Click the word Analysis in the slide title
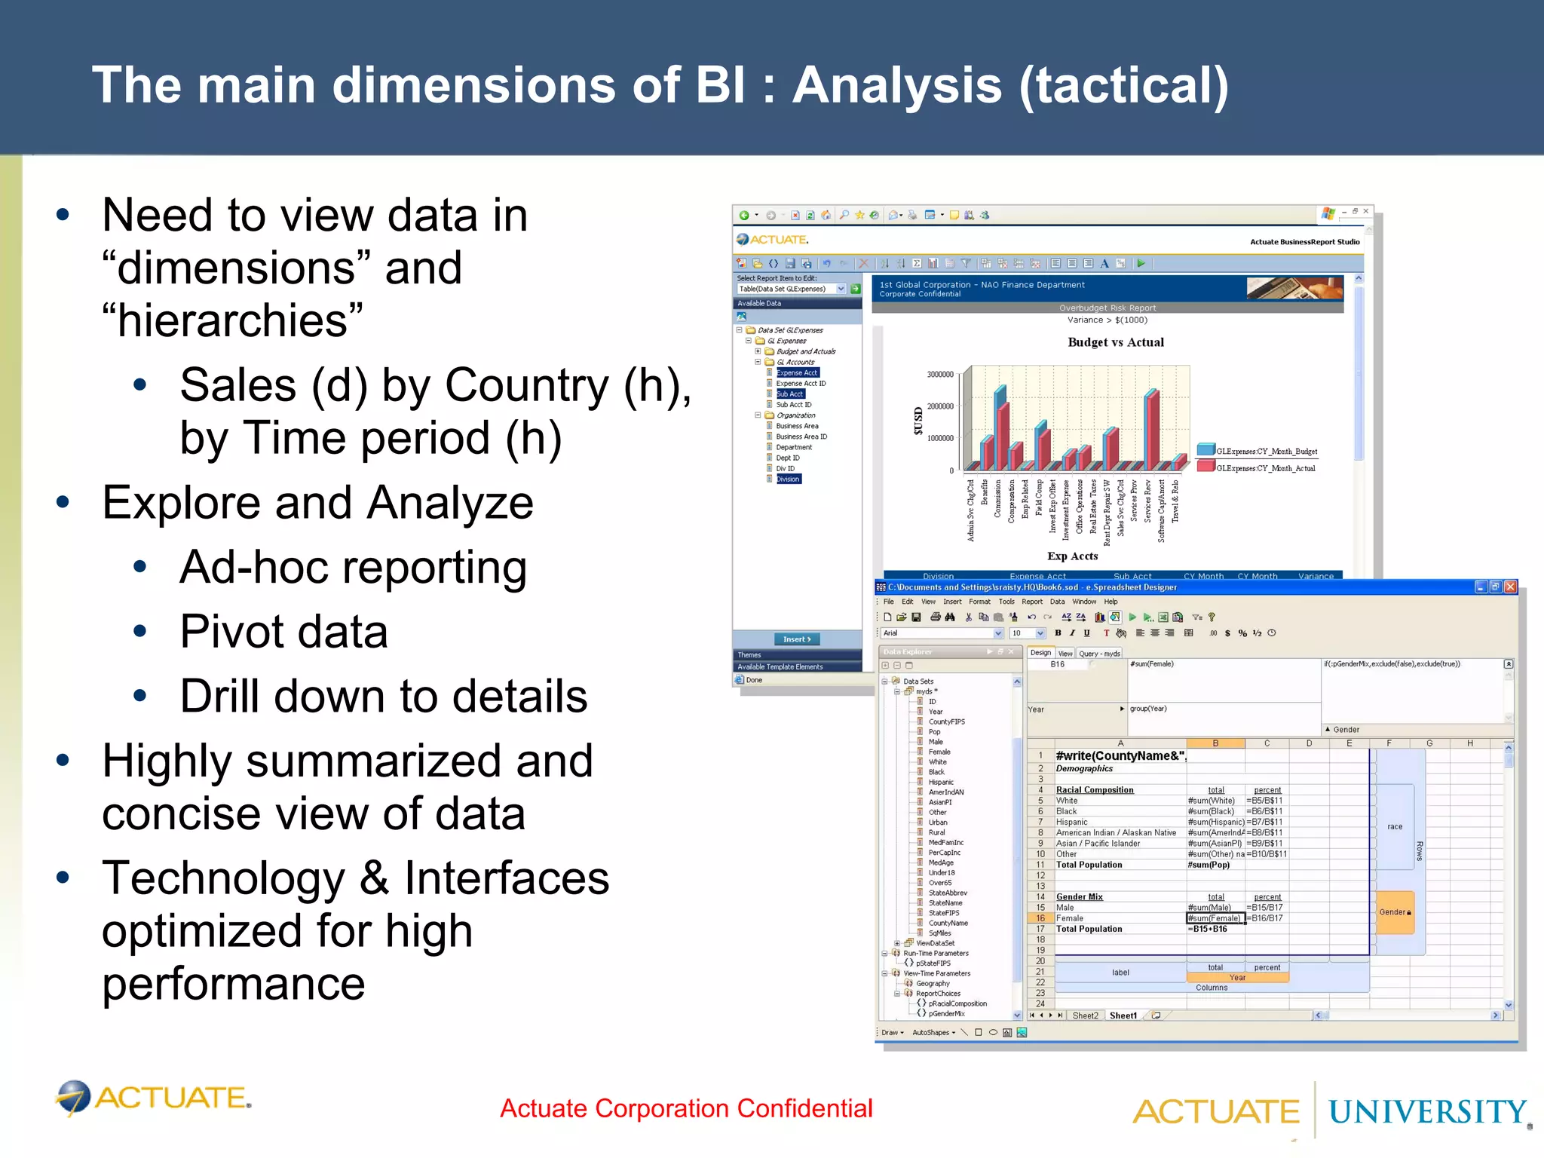[897, 85]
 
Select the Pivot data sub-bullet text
[283, 632]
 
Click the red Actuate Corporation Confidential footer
[686, 1108]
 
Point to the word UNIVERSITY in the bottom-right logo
[1427, 1112]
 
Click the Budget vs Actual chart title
[1115, 342]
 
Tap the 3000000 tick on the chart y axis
[939, 375]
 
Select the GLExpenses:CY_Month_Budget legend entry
[1266, 452]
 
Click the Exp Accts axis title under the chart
[1072, 556]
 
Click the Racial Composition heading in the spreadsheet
[1094, 790]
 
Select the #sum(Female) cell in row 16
[1213, 918]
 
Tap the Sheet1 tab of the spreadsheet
[1123, 1016]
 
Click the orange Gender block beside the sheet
[1395, 912]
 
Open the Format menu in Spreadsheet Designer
[979, 602]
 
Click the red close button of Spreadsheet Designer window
[1510, 587]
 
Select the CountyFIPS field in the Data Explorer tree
[946, 721]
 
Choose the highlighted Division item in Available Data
[788, 479]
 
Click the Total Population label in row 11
[1089, 865]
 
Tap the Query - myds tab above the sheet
[1099, 654]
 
